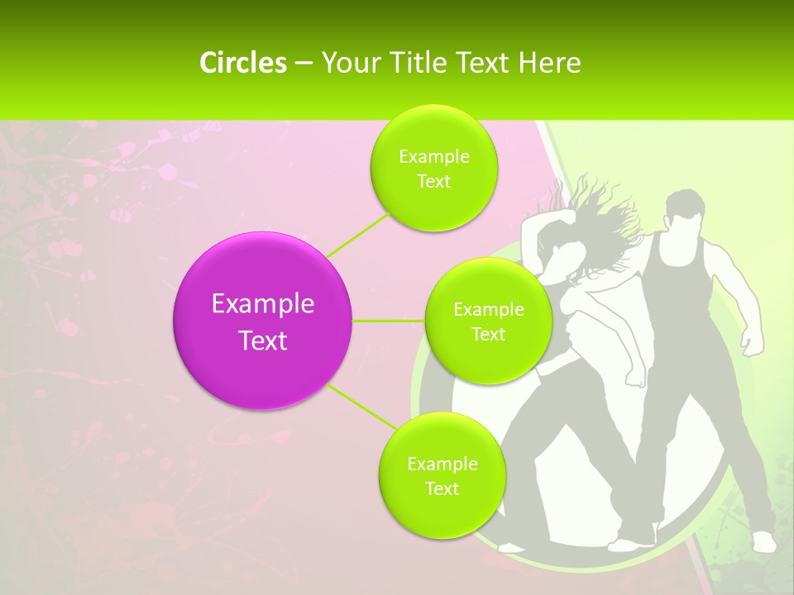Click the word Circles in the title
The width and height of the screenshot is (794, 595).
click(242, 63)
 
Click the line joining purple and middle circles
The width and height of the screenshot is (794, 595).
click(389, 321)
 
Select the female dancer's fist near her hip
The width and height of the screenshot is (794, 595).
click(635, 376)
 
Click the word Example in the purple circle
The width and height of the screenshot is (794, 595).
click(262, 304)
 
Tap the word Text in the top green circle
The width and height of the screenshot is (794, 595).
click(433, 182)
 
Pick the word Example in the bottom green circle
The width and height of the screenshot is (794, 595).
click(442, 464)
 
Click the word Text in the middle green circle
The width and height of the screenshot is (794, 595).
click(488, 335)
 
